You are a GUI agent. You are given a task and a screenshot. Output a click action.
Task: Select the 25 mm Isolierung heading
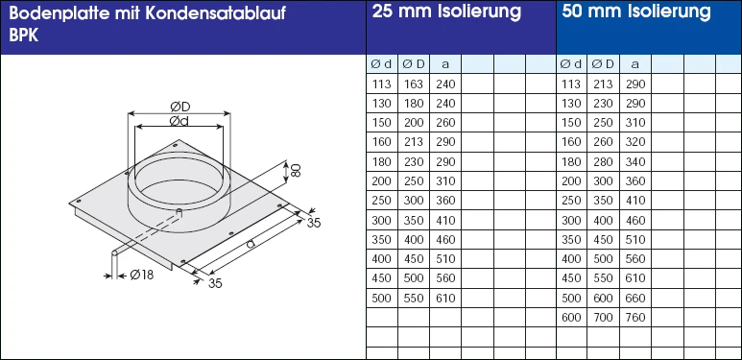click(x=446, y=12)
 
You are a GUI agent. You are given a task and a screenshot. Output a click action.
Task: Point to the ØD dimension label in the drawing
click(x=179, y=105)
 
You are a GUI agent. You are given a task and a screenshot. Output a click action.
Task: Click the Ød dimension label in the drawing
click(x=179, y=123)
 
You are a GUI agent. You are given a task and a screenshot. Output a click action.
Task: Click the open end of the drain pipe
click(x=114, y=253)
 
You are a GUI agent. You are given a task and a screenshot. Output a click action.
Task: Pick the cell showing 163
click(x=412, y=84)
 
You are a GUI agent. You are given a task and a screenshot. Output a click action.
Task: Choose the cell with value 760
click(x=634, y=318)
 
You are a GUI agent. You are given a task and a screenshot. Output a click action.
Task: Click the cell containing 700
click(x=602, y=318)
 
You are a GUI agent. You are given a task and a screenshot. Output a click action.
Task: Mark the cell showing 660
click(x=634, y=299)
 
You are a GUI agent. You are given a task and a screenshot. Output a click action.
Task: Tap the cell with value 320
click(x=634, y=142)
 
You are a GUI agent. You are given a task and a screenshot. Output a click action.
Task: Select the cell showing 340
click(x=634, y=161)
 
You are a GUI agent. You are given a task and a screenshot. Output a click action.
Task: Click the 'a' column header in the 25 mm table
click(x=443, y=64)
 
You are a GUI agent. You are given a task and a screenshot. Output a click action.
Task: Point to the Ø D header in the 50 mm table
click(x=602, y=64)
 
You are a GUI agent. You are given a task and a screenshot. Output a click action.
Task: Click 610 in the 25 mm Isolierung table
click(x=443, y=299)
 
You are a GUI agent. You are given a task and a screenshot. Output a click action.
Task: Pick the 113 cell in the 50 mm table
click(x=571, y=84)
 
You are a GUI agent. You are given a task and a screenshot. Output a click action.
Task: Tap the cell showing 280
click(x=602, y=161)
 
